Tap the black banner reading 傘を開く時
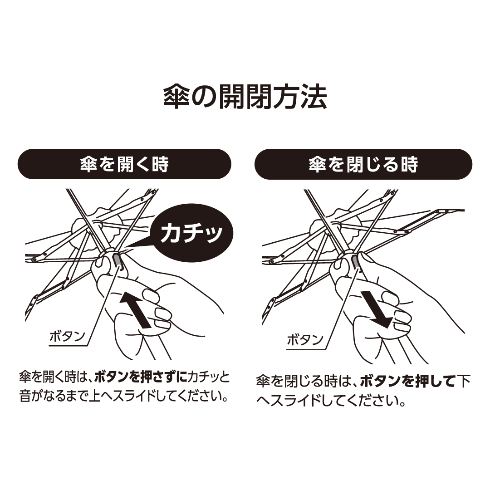tap(124, 164)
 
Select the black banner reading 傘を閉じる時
tap(363, 164)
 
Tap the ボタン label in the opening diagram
tap(68, 336)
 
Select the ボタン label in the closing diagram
tap(305, 339)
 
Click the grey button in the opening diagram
tap(117, 260)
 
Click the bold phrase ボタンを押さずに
tap(141, 377)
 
